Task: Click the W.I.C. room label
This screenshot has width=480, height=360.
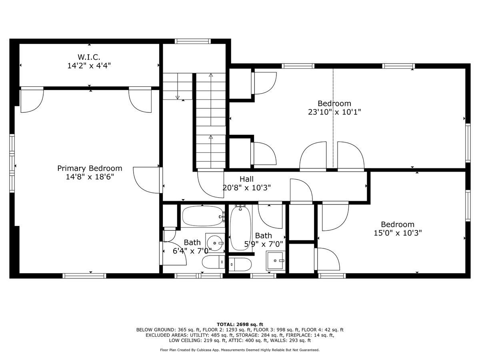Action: pos(89,57)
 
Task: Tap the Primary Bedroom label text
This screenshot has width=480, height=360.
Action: pos(90,168)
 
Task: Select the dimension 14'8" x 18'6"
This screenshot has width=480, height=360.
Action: pos(90,177)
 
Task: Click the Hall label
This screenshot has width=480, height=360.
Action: pos(246,179)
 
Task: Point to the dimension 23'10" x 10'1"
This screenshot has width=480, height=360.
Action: pos(334,112)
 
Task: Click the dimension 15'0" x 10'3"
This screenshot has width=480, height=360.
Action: pos(398,233)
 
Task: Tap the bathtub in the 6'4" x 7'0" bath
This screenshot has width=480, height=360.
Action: pos(202,216)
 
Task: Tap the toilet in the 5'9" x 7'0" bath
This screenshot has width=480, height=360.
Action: pos(240,264)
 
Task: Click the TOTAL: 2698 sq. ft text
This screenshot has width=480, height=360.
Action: pos(240,324)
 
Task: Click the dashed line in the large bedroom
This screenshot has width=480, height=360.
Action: pos(333,120)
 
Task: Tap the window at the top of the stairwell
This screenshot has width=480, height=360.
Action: pos(193,41)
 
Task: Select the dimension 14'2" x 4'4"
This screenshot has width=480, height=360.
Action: pos(89,65)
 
